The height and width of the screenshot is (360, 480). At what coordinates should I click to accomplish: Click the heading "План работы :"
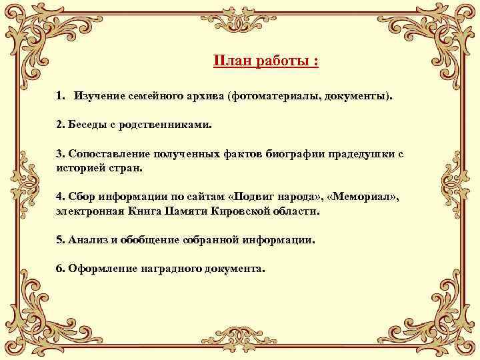[265, 61]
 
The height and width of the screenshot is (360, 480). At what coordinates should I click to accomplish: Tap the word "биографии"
[294, 153]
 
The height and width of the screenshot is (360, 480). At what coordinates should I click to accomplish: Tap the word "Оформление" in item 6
[101, 269]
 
